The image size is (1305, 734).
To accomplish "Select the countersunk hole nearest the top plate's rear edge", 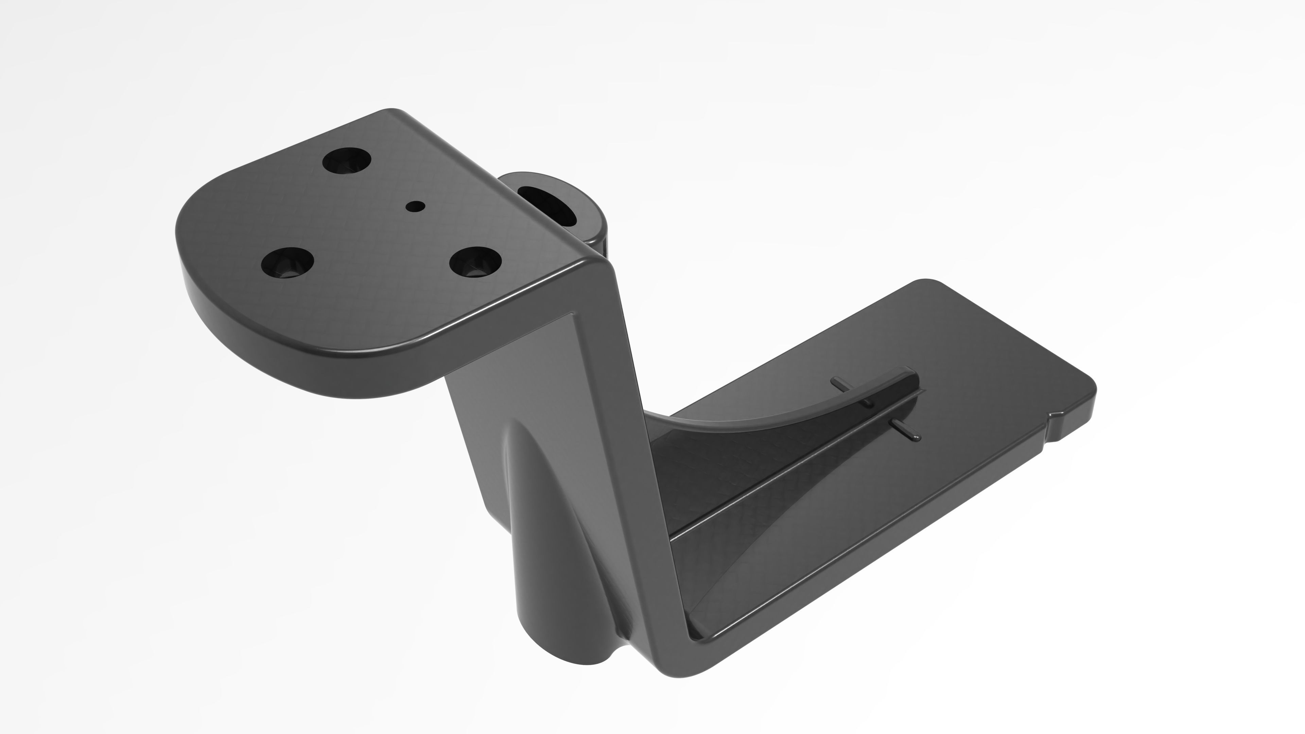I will click(x=347, y=161).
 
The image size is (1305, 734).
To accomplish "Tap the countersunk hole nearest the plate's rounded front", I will click(x=287, y=262).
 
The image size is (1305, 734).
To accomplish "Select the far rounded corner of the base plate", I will click(x=927, y=284).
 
